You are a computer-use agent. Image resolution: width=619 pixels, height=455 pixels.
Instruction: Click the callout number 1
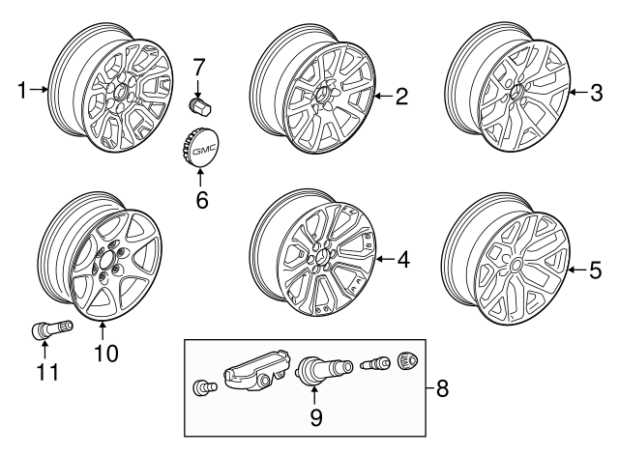[x=22, y=92]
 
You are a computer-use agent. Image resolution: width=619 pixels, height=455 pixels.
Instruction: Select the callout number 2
[x=400, y=95]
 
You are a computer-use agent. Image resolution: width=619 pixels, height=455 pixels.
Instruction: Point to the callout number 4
[x=402, y=259]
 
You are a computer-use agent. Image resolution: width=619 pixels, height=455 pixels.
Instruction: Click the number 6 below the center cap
[x=201, y=201]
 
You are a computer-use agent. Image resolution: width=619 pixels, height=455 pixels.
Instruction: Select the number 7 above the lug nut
[x=199, y=69]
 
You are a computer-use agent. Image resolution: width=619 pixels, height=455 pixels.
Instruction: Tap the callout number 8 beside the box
[x=443, y=389]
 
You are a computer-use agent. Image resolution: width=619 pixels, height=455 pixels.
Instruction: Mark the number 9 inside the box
[x=314, y=419]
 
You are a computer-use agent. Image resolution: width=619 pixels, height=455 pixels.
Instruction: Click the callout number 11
[x=44, y=372]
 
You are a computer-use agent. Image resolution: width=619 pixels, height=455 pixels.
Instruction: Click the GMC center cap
[x=200, y=151]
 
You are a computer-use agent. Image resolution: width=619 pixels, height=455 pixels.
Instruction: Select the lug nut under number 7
[x=198, y=103]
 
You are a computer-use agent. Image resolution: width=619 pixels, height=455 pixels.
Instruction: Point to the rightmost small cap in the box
[x=408, y=365]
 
